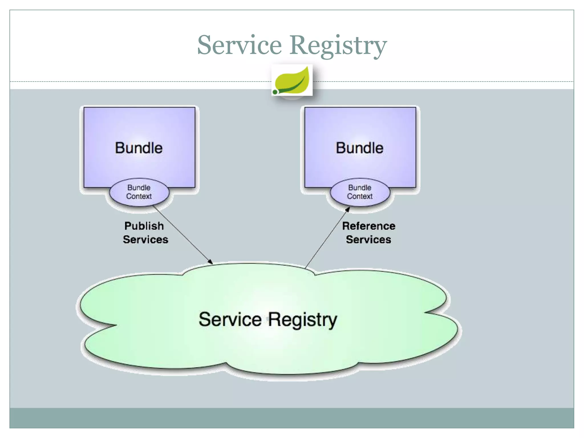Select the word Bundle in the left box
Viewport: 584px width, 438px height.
tap(139, 148)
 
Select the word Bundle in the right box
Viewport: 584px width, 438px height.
tap(360, 148)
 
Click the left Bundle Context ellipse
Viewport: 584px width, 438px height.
tap(139, 192)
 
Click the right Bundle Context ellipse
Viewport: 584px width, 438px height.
tap(360, 192)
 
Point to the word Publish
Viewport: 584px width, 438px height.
tap(144, 226)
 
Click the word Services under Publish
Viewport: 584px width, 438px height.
tap(145, 240)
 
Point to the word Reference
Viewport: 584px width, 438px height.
tap(368, 226)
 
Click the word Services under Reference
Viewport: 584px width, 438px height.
tap(368, 240)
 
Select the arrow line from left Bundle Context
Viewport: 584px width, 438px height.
tap(182, 234)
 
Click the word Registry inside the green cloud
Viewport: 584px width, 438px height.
tap(303, 320)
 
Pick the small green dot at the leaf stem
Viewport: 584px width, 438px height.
tap(275, 92)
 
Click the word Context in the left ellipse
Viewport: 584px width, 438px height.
tap(139, 196)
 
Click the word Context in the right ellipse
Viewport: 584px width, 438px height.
tap(360, 196)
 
